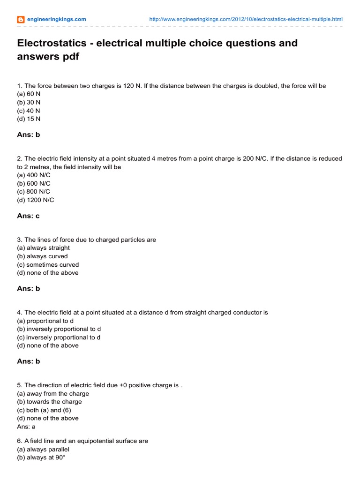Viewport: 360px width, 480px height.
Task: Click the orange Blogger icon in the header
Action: pyautogui.click(x=21, y=19)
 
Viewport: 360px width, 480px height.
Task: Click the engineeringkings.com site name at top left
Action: pyautogui.click(x=56, y=19)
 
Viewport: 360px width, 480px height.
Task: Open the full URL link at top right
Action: pyautogui.click(x=246, y=19)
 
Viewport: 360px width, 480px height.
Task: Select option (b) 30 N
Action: pyautogui.click(x=29, y=103)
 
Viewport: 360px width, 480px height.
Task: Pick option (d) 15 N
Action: pyautogui.click(x=29, y=119)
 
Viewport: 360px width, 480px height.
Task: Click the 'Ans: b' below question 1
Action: pyautogui.click(x=29, y=135)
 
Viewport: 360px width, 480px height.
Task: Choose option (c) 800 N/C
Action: pyautogui.click(x=33, y=192)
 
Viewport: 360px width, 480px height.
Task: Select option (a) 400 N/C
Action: pyautogui.click(x=33, y=175)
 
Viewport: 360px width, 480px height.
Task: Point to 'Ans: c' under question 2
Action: pyautogui.click(x=29, y=216)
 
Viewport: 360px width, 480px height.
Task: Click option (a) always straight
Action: pyautogui.click(x=43, y=248)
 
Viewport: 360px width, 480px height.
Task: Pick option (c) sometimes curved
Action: pyautogui.click(x=48, y=264)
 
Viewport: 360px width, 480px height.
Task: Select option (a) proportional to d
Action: pyautogui.click(x=45, y=321)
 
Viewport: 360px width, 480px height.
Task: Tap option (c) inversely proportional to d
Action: pyautogui.click(x=59, y=337)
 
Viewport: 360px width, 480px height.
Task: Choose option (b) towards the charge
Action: pyautogui.click(x=49, y=402)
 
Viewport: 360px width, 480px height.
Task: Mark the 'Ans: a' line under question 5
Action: pyautogui.click(x=26, y=427)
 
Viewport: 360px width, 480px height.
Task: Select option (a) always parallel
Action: pyautogui.click(x=43, y=450)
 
